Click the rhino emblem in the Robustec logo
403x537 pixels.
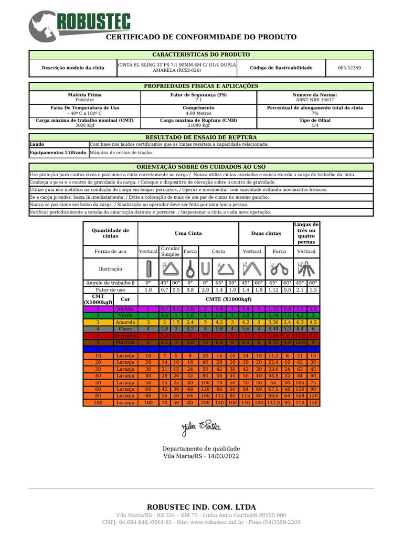pos(42,26)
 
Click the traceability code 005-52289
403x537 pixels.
pos(349,68)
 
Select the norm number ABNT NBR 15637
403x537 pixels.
pos(315,99)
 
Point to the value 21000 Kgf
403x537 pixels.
pos(198,126)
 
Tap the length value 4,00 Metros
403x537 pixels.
pos(198,113)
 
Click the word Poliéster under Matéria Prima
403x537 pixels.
pos(85,99)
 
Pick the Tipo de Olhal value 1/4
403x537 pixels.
pos(315,126)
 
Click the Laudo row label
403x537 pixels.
pos(37,144)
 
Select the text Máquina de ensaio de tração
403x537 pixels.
pos(122,153)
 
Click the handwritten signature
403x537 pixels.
pos(201,427)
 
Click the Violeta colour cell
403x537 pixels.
pos(125,309)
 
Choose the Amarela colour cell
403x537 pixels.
pos(125,323)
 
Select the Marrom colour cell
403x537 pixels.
pos(125,342)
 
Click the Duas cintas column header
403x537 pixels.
pos(266,233)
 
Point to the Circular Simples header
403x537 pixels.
pos(170,251)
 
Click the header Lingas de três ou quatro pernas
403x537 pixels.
pos(306,233)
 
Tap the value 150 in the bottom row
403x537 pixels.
pos(313,403)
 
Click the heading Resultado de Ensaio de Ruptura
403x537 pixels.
pos(201,137)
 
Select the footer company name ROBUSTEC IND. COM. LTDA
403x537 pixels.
pos(201,507)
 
